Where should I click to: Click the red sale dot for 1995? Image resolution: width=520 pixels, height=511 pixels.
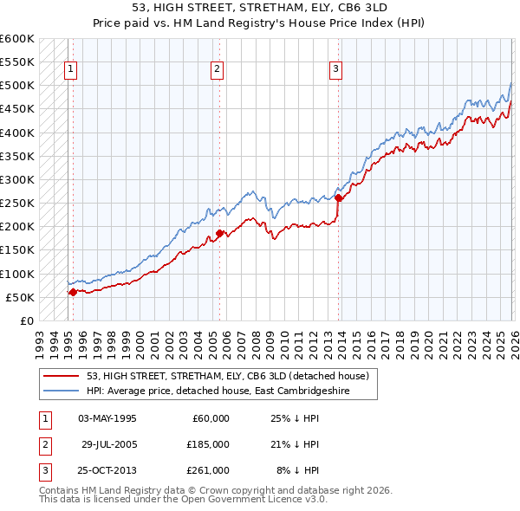click(73, 292)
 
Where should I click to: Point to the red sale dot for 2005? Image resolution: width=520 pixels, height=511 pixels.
click(220, 233)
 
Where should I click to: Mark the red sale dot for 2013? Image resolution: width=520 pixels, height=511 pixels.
click(338, 197)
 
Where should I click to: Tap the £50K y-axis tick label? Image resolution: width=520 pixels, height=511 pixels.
click(21, 297)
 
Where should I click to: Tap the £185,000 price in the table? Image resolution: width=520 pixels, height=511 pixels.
click(208, 444)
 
